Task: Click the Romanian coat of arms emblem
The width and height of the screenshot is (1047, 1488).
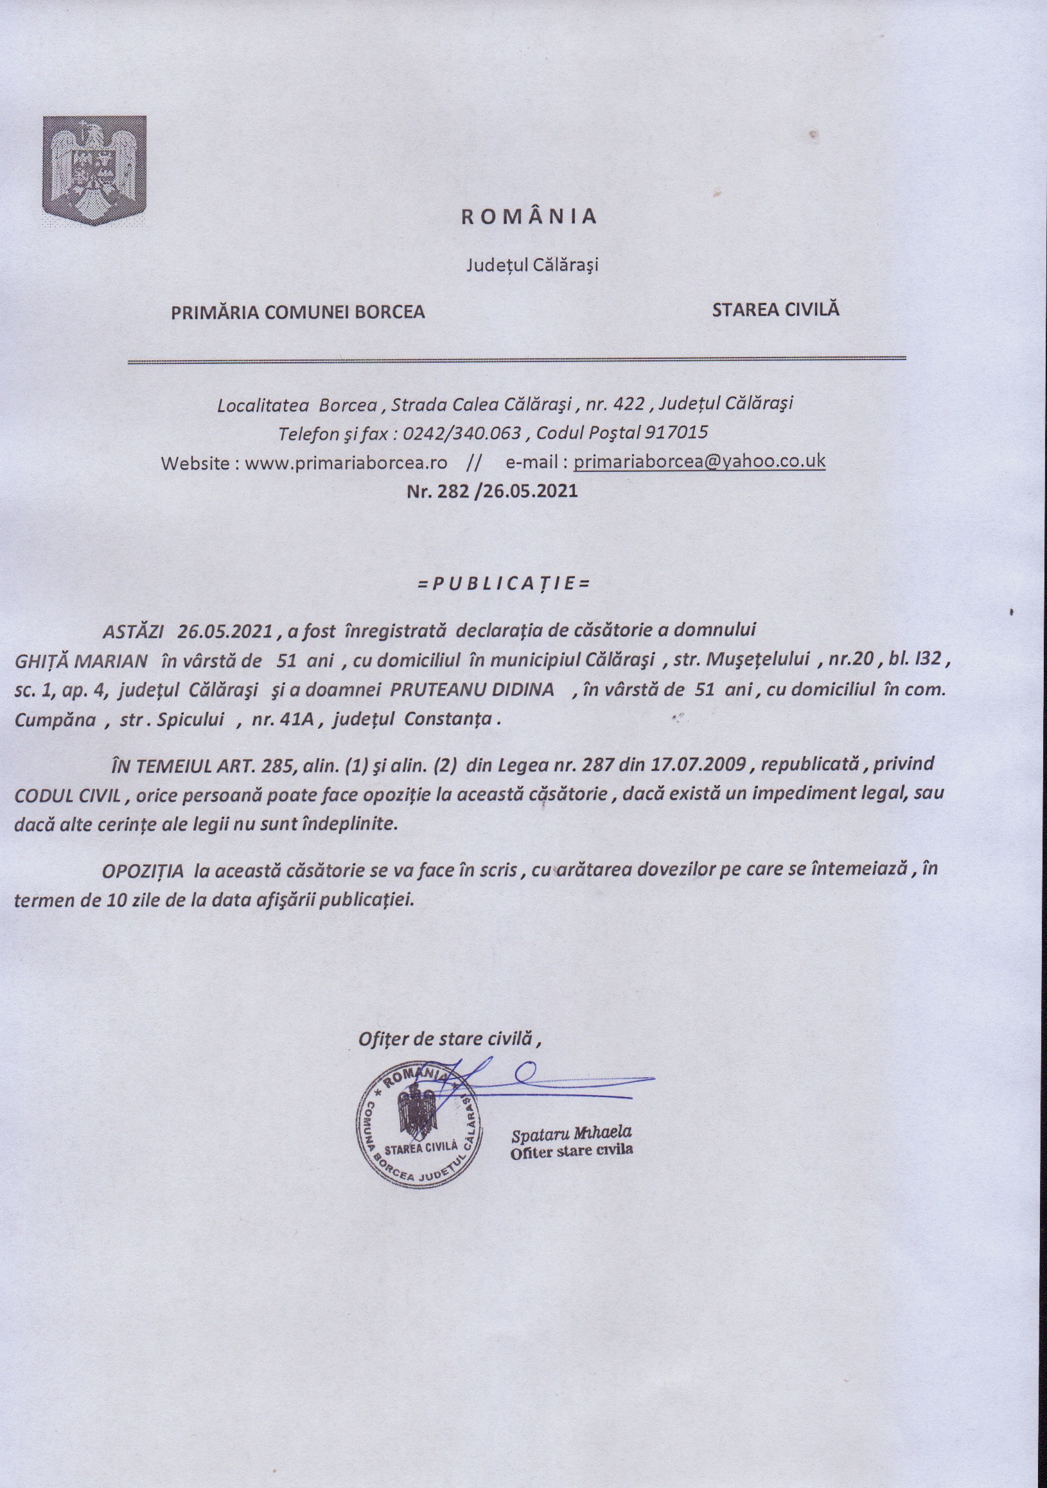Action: pos(94,171)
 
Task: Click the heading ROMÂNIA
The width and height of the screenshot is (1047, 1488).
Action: pos(529,216)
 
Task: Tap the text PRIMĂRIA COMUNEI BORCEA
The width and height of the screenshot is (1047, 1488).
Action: pos(297,313)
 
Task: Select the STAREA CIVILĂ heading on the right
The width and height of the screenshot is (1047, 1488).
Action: pos(775,309)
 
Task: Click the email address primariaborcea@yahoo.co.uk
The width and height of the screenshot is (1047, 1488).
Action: pos(699,462)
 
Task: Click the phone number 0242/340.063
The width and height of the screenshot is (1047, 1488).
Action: pos(462,432)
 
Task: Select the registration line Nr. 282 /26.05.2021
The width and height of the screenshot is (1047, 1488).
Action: pos(491,490)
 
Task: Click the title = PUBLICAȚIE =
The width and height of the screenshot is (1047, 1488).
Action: pos(504,584)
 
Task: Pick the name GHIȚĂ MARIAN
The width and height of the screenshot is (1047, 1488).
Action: pos(82,661)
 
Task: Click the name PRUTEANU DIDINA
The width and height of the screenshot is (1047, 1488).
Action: pos(471,689)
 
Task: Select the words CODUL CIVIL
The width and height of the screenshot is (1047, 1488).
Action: pos(67,795)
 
